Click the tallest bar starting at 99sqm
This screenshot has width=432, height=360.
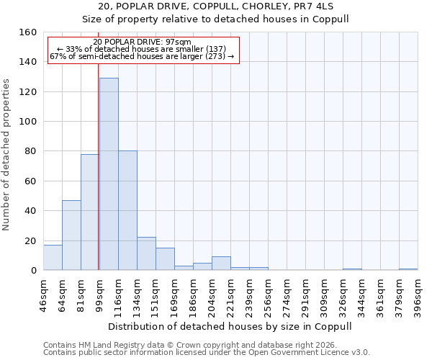[109, 174]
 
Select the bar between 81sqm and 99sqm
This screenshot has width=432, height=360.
[90, 212]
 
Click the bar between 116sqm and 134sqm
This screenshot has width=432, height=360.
[127, 210]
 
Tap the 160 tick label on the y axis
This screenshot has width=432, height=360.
[29, 32]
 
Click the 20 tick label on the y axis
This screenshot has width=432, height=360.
[32, 240]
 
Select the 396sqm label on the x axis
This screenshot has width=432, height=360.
[418, 295]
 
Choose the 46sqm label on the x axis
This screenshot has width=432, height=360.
[43, 295]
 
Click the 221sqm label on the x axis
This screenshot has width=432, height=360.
[230, 295]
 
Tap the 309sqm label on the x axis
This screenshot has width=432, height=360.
[324, 295]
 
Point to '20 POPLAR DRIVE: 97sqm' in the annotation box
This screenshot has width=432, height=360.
[143, 42]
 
